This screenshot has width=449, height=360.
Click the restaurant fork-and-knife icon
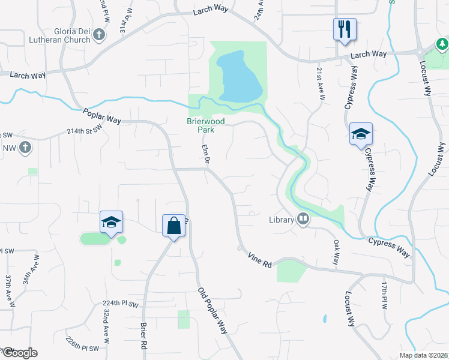(x=345, y=29)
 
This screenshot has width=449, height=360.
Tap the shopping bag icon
(x=173, y=226)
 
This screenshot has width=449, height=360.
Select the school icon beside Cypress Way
(x=361, y=134)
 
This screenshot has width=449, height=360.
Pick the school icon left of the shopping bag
(x=111, y=222)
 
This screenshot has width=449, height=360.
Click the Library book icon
(x=303, y=220)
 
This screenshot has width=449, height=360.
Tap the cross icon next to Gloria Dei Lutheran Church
(x=100, y=35)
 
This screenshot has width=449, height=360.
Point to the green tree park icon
(x=442, y=44)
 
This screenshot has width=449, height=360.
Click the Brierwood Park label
(x=205, y=125)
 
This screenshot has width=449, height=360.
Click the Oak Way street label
(x=336, y=253)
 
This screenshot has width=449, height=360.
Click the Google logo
(x=19, y=353)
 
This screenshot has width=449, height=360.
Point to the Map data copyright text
(x=423, y=355)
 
